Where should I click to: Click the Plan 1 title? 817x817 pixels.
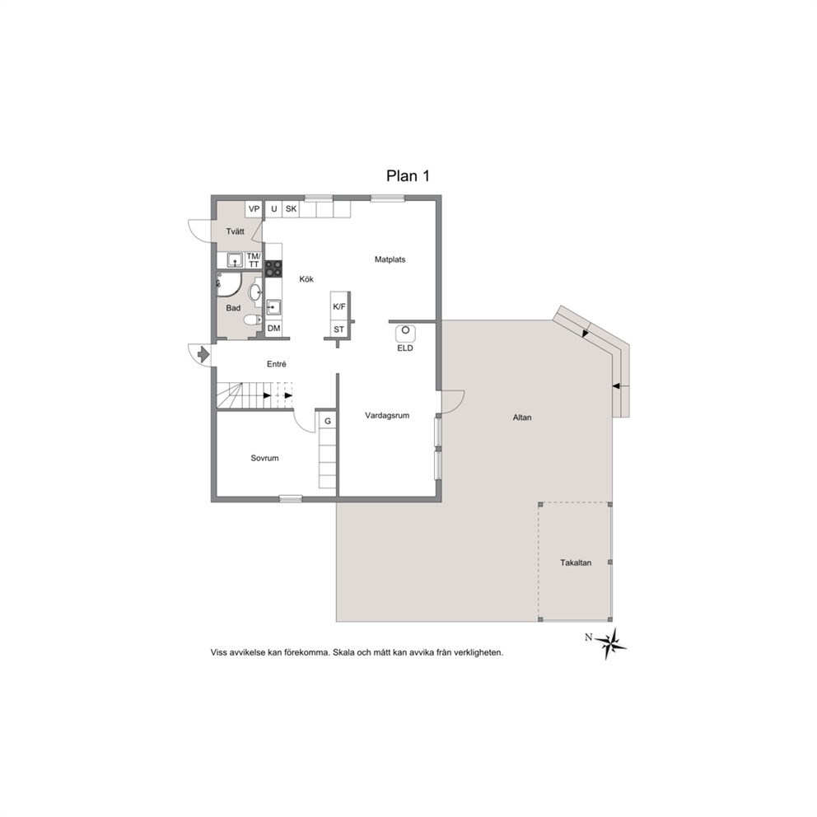tap(408, 176)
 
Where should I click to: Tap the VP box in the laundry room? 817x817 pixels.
tap(254, 209)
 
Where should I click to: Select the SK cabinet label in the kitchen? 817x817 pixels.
tap(292, 209)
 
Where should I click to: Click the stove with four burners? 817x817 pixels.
tap(273, 268)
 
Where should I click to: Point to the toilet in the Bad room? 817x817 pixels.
tap(253, 320)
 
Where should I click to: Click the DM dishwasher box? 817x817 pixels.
tap(273, 329)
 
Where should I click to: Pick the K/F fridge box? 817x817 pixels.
tap(339, 307)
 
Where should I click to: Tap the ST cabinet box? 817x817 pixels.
tap(339, 329)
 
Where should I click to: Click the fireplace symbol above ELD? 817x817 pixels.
tap(405, 333)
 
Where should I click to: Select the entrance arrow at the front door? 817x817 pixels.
tap(203, 354)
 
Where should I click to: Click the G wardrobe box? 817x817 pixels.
tap(328, 421)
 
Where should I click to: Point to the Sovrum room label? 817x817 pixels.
tap(264, 459)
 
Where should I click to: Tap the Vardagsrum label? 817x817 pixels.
tap(387, 416)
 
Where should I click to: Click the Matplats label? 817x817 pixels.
tap(390, 259)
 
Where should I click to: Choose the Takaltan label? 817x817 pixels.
tap(576, 563)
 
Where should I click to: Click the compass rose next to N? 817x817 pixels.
tap(610, 644)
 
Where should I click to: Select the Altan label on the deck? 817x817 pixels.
tap(522, 418)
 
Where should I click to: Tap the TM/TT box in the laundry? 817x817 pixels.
tap(254, 260)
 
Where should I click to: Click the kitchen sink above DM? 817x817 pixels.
tap(273, 307)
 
